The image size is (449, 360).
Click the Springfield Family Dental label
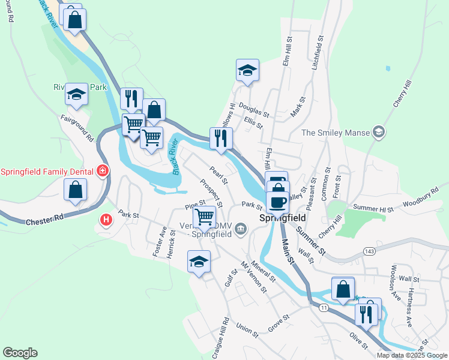[x=46, y=172]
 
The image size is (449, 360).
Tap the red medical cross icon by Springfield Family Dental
[x=103, y=172]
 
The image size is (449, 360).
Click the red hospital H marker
[x=107, y=220]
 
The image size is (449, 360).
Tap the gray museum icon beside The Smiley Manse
[x=378, y=131]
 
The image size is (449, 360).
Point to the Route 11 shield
[x=324, y=308]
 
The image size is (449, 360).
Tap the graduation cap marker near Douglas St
[x=247, y=71]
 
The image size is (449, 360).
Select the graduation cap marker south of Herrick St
[x=199, y=262]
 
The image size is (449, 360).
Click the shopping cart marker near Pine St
[x=204, y=217]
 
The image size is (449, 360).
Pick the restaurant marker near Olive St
[x=366, y=313]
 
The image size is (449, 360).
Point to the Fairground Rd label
[x=77, y=128]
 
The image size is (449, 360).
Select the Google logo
[x=20, y=353]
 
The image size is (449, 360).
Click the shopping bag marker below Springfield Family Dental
[x=76, y=190]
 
